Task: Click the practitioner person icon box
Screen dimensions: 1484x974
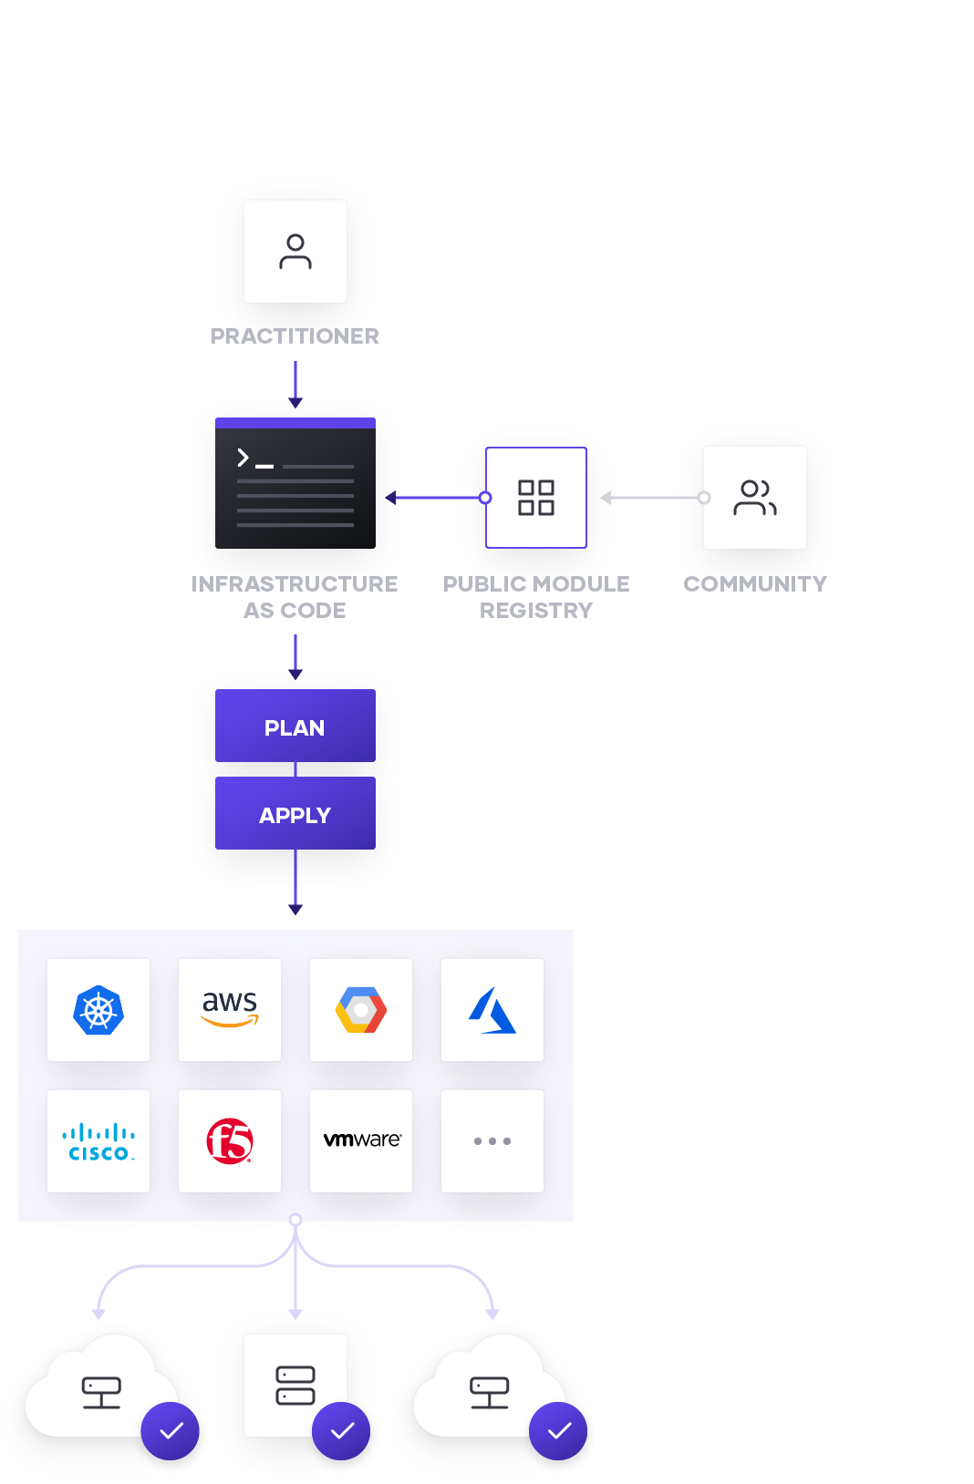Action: click(295, 252)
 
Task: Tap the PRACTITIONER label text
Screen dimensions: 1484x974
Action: click(295, 336)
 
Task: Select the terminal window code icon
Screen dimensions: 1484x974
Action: click(295, 484)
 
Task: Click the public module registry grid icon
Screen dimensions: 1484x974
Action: click(536, 498)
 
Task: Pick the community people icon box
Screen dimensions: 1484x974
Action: click(755, 498)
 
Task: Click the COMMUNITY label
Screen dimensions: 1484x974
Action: click(755, 584)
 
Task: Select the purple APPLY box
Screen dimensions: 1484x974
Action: click(295, 814)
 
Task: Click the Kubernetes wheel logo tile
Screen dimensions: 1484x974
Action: click(98, 1010)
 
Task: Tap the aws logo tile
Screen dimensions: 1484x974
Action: click(230, 1010)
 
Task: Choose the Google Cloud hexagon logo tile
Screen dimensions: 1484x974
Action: click(361, 1010)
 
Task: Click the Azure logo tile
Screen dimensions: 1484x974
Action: click(492, 1010)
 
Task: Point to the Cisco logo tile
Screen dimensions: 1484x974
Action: click(98, 1141)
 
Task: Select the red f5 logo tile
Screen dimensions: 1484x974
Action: click(230, 1141)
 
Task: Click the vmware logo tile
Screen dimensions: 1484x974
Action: click(361, 1141)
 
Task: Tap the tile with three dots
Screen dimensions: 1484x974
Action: click(492, 1141)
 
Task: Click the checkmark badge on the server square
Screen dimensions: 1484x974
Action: click(341, 1431)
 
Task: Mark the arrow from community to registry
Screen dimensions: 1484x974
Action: click(651, 498)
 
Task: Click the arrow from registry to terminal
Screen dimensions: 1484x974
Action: click(436, 498)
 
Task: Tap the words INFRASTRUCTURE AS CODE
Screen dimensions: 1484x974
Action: click(295, 597)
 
